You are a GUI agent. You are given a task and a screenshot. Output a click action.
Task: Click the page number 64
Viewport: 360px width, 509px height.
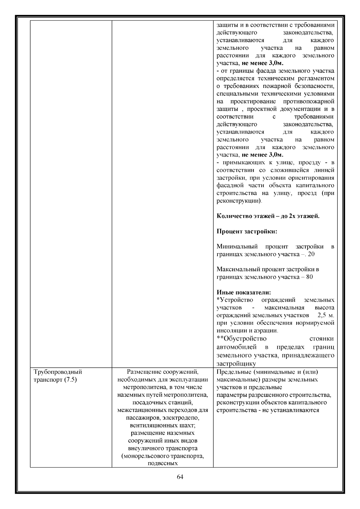tap(180, 477)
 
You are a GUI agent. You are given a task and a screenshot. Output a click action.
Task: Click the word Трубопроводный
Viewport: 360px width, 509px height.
tap(58, 372)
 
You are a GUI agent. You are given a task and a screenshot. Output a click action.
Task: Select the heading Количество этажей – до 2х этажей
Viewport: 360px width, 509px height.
tap(268, 216)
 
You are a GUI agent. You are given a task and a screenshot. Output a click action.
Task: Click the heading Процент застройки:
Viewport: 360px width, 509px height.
tap(247, 232)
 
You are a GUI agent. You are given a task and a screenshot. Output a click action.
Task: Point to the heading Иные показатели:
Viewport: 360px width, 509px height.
tap(244, 292)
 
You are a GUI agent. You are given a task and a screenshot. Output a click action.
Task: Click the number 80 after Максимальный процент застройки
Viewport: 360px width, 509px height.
tap(309, 277)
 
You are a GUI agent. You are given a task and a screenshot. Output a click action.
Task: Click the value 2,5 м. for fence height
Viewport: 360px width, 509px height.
tap(325, 315)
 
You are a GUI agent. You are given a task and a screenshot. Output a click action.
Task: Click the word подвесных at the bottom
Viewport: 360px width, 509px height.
tap(163, 464)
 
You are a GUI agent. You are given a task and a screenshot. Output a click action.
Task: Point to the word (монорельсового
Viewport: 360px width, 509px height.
tap(144, 456)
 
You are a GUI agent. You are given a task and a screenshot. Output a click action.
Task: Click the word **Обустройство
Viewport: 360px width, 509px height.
tap(241, 339)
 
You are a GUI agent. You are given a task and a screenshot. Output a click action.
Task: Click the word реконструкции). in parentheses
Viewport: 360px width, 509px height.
tap(239, 201)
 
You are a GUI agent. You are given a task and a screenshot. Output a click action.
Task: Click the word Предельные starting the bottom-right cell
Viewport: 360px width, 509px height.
tap(231, 372)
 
